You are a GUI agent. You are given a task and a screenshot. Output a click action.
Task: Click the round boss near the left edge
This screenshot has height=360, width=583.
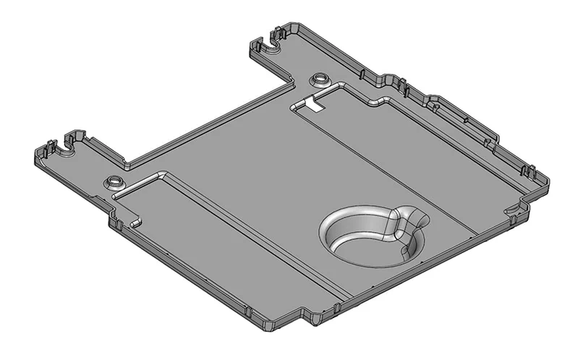(x=114, y=180)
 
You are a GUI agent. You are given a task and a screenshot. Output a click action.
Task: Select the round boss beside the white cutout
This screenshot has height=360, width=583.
(x=318, y=78)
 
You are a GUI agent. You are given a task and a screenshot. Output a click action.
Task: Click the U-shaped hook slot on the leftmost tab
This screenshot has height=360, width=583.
(x=68, y=149)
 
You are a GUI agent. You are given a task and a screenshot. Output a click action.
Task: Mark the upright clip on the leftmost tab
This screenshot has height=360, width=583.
(x=50, y=147)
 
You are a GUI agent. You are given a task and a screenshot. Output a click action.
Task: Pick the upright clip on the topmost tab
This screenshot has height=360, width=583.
(x=277, y=33)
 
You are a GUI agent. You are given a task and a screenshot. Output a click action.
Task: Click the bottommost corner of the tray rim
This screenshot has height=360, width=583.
(x=271, y=329)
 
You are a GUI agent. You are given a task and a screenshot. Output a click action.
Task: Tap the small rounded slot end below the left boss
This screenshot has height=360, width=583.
(x=136, y=221)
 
